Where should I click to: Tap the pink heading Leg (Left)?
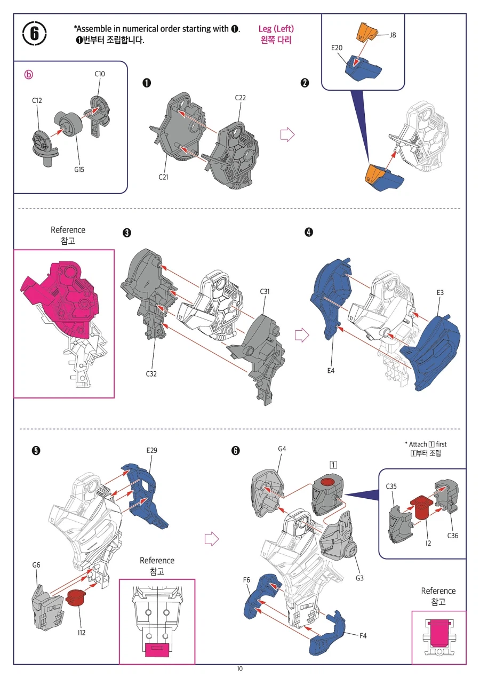[276, 29]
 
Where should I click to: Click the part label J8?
[393, 35]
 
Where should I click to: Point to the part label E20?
[337, 47]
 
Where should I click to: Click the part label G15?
[79, 170]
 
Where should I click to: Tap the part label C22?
[240, 98]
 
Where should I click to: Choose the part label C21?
[163, 177]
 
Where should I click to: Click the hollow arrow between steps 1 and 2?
[287, 134]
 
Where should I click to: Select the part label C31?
[265, 292]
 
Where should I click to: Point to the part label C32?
[151, 374]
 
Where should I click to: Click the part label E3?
[440, 293]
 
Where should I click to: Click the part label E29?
[152, 451]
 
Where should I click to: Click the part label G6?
[36, 565]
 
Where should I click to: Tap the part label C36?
[453, 536]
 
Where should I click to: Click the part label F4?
[363, 636]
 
